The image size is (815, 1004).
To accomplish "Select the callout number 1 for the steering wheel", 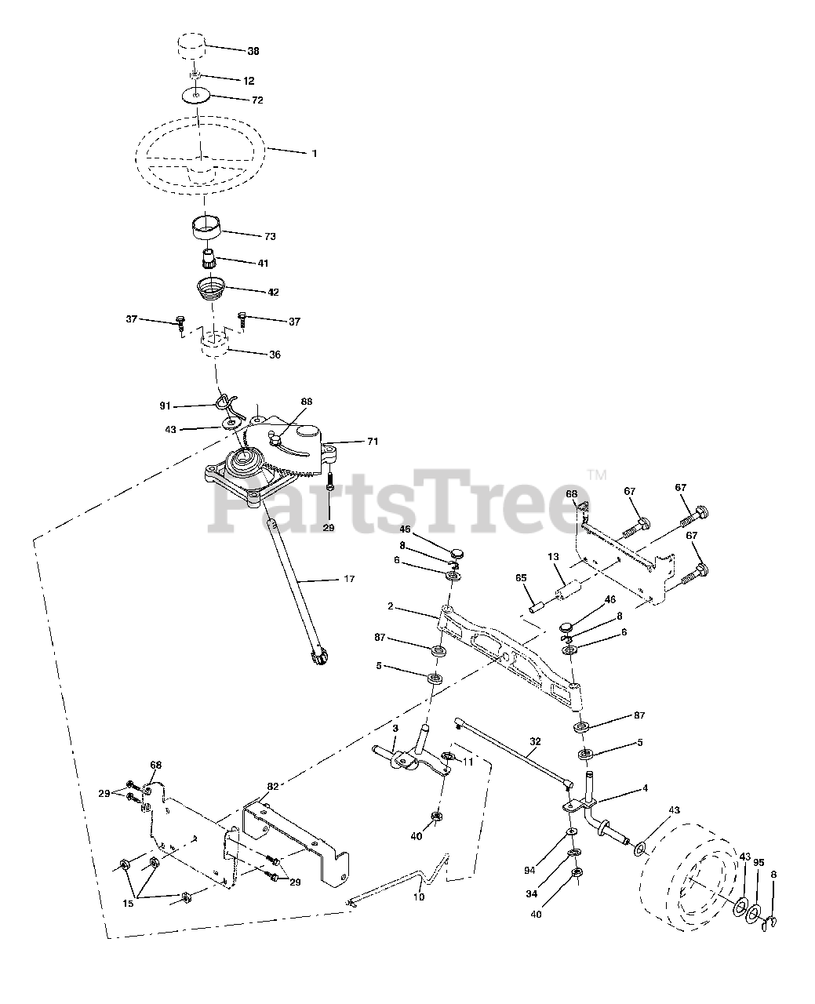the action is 315,154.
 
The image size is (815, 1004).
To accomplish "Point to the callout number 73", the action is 270,236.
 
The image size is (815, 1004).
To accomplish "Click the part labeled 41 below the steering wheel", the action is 209,257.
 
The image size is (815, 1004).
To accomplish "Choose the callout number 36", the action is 274,355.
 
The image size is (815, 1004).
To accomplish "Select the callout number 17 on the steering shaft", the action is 349,579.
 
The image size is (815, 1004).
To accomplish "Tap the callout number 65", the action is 520,577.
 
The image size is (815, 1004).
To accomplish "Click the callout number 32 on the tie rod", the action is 535,740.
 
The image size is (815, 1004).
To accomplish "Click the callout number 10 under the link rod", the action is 419,896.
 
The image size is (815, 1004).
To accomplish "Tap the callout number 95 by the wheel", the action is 759,862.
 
